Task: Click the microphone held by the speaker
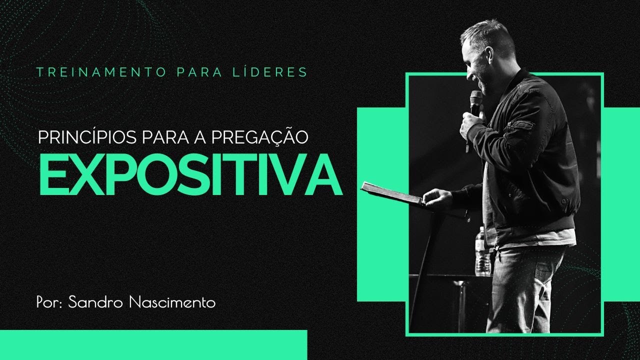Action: (475, 102)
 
